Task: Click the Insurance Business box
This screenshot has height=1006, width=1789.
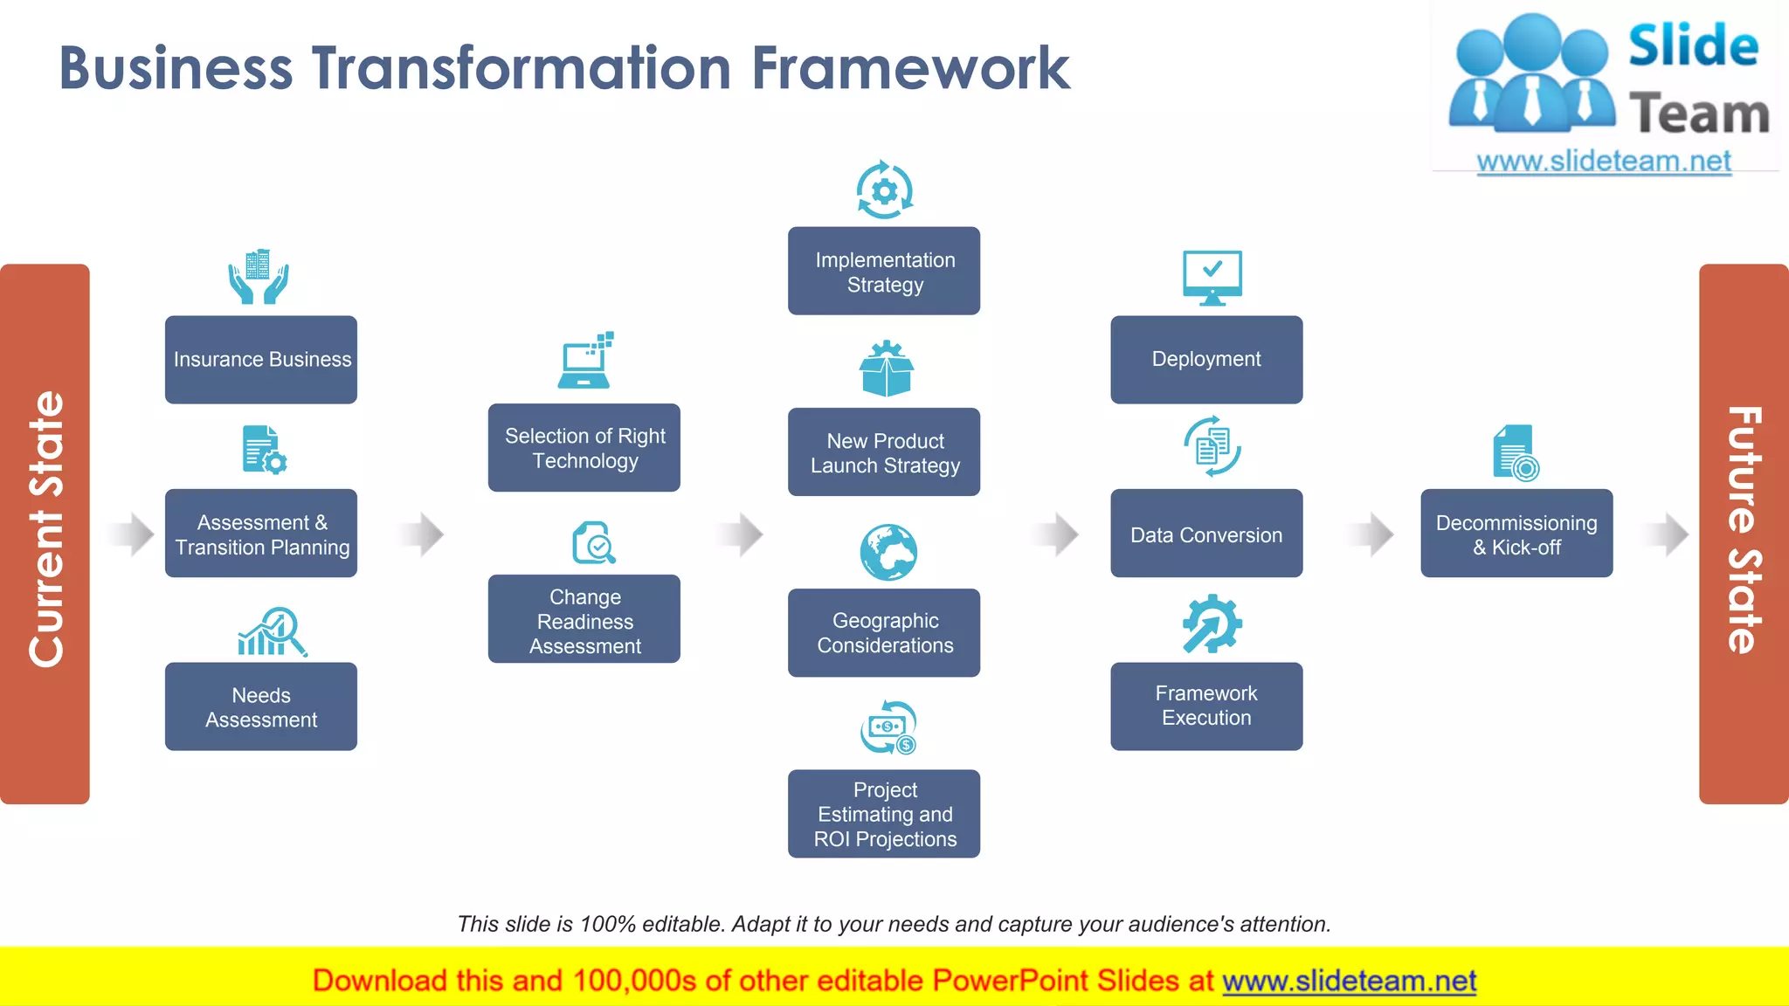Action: point(261,360)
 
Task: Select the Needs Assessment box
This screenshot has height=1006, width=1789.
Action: point(261,706)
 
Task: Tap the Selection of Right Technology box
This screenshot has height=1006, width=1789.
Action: point(584,448)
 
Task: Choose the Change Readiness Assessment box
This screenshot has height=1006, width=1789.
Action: point(584,620)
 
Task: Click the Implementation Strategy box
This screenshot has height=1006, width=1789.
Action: point(884,272)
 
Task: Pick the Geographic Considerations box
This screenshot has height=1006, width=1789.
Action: point(884,633)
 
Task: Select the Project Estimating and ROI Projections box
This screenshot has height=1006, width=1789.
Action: point(884,814)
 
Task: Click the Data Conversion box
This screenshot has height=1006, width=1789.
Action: point(1206,534)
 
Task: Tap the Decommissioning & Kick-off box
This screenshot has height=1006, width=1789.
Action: point(1516,534)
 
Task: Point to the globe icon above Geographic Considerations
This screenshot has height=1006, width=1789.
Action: point(888,553)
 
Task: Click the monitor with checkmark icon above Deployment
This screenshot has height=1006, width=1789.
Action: point(1212,277)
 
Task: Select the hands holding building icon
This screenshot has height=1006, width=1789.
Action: point(259,277)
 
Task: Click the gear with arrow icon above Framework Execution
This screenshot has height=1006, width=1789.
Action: point(1212,624)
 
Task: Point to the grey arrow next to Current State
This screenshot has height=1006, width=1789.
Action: point(133,534)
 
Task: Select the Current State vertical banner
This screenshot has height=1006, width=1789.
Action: point(45,534)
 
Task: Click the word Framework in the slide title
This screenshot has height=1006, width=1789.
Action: point(910,68)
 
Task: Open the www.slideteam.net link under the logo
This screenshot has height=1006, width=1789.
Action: point(1604,162)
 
